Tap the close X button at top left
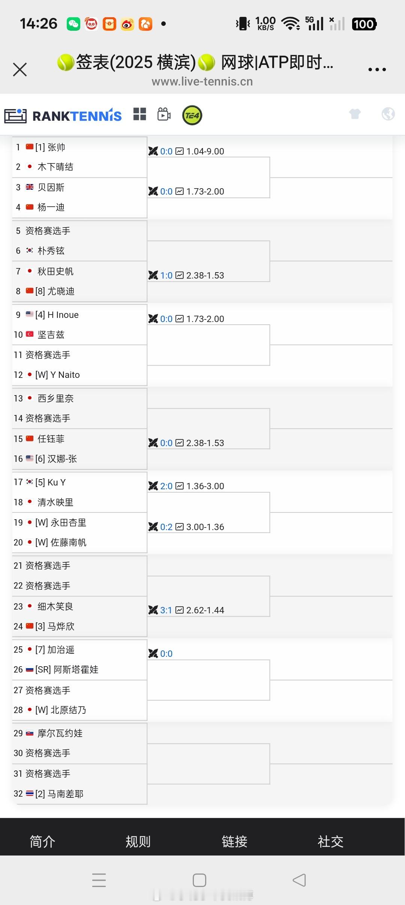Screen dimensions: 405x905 (x=20, y=69)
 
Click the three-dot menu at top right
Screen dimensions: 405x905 (x=377, y=69)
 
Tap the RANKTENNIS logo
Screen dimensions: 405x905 (x=77, y=116)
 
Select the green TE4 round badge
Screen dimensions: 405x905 (x=192, y=115)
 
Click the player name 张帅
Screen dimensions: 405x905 (x=56, y=147)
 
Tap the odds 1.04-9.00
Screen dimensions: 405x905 (x=205, y=151)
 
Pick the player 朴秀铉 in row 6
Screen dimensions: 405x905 (x=51, y=251)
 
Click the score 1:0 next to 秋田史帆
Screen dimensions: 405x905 (x=166, y=276)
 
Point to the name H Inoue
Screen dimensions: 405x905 (x=63, y=315)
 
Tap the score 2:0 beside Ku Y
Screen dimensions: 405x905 (x=166, y=486)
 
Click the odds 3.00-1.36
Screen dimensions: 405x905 (x=205, y=527)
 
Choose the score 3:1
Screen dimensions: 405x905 (x=166, y=610)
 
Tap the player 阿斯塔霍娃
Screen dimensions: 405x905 (x=76, y=670)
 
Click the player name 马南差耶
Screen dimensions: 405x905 (x=65, y=794)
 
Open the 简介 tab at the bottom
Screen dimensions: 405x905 (x=42, y=841)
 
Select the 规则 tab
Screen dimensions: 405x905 (x=138, y=841)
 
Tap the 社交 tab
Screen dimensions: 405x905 (x=330, y=841)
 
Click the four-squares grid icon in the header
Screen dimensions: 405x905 (x=139, y=114)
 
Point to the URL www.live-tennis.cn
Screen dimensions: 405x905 (x=202, y=82)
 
